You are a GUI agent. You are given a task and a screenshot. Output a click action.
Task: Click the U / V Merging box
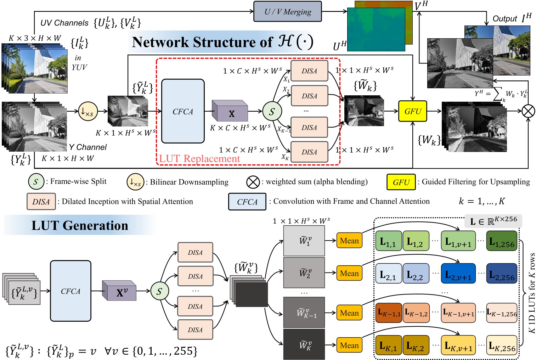click(x=288, y=12)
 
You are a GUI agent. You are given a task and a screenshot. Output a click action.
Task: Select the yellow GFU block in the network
click(x=413, y=111)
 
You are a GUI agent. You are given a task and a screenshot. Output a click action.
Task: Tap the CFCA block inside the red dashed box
click(x=183, y=111)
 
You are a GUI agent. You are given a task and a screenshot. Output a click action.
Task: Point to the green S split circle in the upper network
click(x=272, y=111)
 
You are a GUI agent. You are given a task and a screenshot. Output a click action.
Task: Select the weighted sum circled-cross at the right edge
click(x=528, y=111)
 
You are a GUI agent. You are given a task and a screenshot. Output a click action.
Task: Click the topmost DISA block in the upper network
click(x=309, y=71)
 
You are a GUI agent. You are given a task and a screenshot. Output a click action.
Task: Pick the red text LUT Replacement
click(x=199, y=159)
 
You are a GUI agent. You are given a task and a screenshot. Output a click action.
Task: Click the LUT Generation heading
click(x=80, y=225)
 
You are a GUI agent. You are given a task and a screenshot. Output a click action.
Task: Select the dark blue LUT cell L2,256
click(x=502, y=273)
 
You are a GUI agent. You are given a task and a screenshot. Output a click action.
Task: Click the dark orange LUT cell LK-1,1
click(x=388, y=313)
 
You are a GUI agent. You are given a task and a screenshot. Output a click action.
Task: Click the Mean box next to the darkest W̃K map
click(x=349, y=345)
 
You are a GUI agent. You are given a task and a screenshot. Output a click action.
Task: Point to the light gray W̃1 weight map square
click(x=304, y=241)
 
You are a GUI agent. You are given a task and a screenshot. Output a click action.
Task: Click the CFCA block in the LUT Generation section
click(x=70, y=291)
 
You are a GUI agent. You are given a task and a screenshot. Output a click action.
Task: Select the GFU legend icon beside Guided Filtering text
click(x=401, y=182)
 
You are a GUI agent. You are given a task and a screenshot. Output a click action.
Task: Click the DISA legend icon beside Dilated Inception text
click(x=41, y=202)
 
